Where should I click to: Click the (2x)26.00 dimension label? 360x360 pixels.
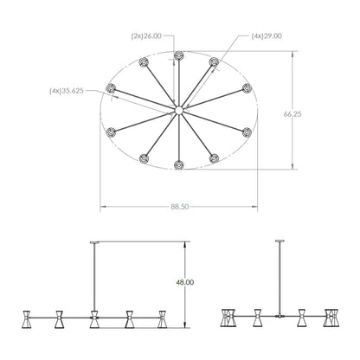[146, 36]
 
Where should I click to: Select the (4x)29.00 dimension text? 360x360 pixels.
[267, 36]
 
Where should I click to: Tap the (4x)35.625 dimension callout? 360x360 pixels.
[67, 91]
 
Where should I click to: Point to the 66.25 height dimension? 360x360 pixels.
[292, 114]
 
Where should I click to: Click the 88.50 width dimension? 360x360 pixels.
[179, 207]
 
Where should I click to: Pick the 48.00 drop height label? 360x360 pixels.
[185, 282]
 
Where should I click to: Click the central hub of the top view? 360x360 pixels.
[179, 110]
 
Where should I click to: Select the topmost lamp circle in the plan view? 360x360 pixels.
[179, 55]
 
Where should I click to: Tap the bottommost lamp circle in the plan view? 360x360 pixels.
[179, 165]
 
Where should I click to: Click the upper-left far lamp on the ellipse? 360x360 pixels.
[111, 88]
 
